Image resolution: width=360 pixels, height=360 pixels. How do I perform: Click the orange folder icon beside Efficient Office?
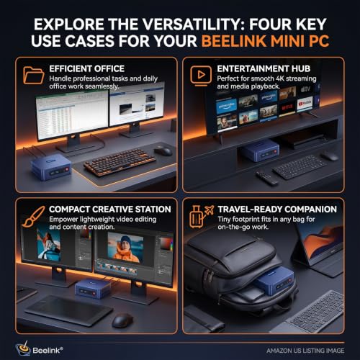pyautogui.click(x=34, y=75)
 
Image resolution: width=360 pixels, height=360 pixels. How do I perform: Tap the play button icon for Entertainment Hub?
pyautogui.click(x=201, y=76)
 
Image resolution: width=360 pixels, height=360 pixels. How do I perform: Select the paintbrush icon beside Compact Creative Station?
pyautogui.click(x=34, y=216)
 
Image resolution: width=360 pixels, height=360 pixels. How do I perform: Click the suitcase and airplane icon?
pyautogui.click(x=201, y=216)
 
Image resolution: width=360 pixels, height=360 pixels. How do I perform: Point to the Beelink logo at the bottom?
pyautogui.click(x=39, y=349)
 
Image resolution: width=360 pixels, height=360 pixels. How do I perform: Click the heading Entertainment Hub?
pyautogui.click(x=264, y=68)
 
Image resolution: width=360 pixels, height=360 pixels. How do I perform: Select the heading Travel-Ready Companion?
pyautogui.click(x=277, y=210)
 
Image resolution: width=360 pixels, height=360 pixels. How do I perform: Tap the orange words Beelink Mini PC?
pyautogui.click(x=265, y=41)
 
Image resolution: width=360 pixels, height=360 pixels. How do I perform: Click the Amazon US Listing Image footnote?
pyautogui.click(x=305, y=351)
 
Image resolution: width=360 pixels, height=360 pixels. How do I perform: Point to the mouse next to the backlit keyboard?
pyautogui.click(x=163, y=150)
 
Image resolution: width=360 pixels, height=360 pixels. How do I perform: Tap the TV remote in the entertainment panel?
pyautogui.click(x=267, y=178)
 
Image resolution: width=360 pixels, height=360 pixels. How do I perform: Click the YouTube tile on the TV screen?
pyautogui.click(x=305, y=104)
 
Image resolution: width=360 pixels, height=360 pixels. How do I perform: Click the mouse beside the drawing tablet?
pyautogui.click(x=122, y=320)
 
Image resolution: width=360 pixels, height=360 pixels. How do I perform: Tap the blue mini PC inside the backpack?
pyautogui.click(x=276, y=282)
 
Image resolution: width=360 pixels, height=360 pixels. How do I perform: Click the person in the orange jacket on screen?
pyautogui.click(x=125, y=249)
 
